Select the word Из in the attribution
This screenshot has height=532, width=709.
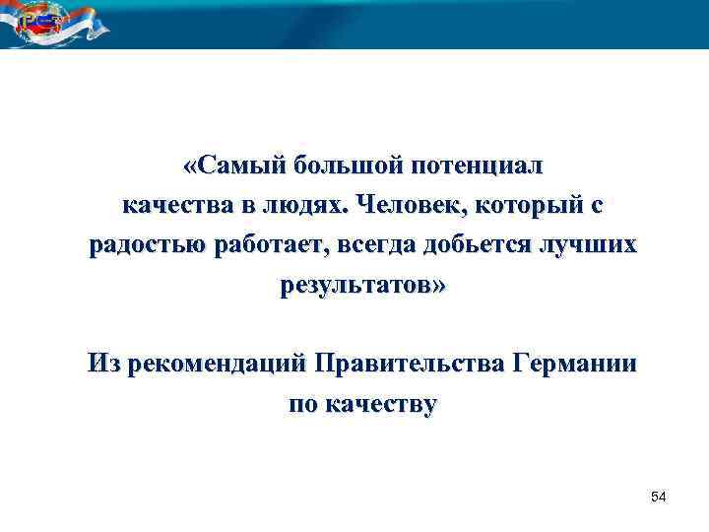coord(100,364)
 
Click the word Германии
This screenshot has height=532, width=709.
coord(574,364)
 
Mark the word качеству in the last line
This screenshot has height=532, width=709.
coord(380,404)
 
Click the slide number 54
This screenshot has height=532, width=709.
coord(659,499)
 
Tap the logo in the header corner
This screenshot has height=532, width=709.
coord(39,24)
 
